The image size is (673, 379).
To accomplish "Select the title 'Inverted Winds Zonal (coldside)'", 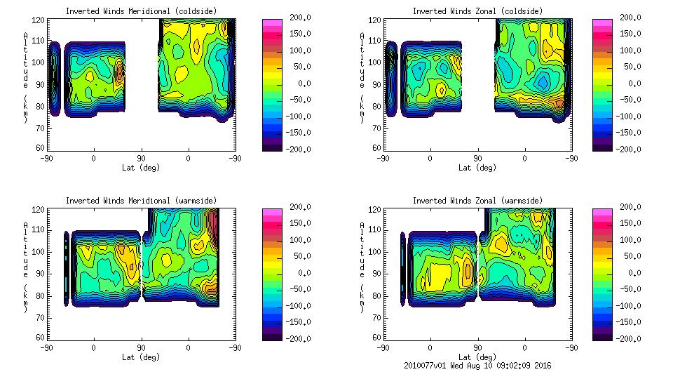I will click(477, 11).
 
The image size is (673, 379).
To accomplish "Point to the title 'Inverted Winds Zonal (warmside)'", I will click(477, 201).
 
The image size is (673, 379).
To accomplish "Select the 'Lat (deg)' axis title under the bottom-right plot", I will click(477, 357).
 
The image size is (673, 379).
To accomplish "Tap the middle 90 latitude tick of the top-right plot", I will click(478, 159).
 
